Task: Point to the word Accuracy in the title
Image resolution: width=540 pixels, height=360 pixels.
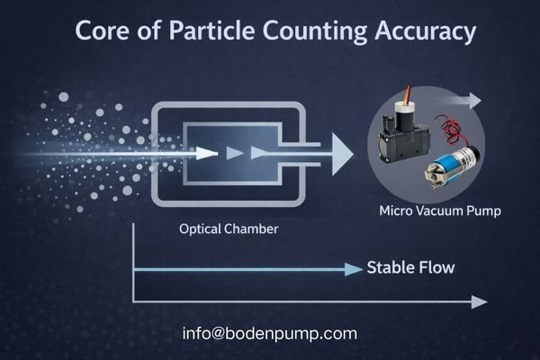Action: coord(422,33)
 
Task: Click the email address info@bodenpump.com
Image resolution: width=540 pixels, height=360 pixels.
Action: coord(269,334)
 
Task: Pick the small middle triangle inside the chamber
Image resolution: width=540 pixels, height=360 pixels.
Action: coord(236,153)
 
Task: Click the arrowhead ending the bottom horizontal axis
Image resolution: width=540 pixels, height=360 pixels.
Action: coord(480,301)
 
